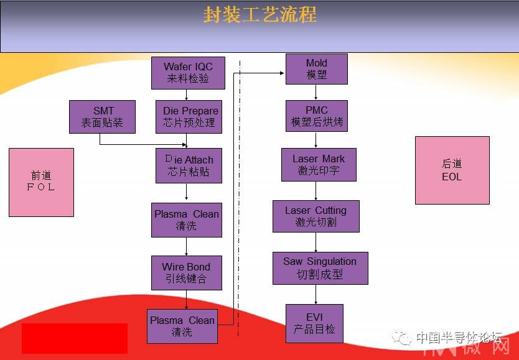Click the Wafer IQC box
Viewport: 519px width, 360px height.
tap(188, 73)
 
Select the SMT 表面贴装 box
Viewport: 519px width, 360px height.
tap(102, 117)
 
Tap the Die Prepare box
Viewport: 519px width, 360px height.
tap(189, 117)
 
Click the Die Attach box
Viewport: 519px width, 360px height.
tap(189, 165)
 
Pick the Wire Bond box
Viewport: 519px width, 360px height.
tap(187, 273)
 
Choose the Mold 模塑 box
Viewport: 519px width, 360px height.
tap(316, 69)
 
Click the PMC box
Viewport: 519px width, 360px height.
tap(316, 116)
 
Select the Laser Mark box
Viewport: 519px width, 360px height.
tap(319, 165)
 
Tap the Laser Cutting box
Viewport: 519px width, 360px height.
tap(316, 216)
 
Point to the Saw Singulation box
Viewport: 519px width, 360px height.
tap(320, 268)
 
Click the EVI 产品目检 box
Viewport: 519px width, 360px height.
tap(314, 323)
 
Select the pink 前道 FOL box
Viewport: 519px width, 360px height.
tap(41, 182)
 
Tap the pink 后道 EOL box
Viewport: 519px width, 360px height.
tap(452, 170)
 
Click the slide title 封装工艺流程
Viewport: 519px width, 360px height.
tap(260, 14)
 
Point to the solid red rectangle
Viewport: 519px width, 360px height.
tap(75, 338)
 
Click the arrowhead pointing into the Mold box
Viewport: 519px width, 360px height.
tap(283, 73)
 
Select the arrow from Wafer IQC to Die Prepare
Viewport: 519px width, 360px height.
tap(186, 95)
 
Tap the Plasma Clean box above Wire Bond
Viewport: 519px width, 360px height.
tap(187, 220)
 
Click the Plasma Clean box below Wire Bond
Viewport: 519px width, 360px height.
tap(182, 326)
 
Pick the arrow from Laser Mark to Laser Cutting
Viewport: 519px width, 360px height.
tap(316, 191)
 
